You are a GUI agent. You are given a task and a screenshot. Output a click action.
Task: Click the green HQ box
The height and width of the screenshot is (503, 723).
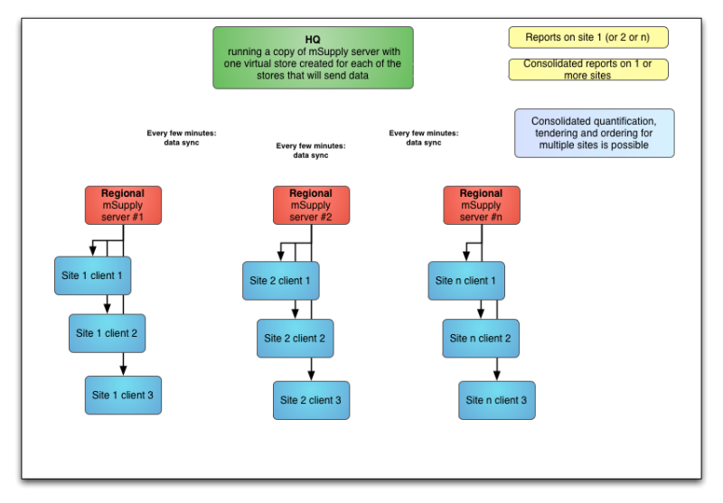tap(313, 58)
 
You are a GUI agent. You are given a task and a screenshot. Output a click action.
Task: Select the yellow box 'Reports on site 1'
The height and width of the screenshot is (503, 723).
tap(588, 37)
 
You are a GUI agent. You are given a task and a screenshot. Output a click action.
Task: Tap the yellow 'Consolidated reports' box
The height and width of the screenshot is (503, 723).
tap(588, 70)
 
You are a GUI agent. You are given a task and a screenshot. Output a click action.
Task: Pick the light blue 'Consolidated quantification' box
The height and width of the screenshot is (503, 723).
tap(595, 133)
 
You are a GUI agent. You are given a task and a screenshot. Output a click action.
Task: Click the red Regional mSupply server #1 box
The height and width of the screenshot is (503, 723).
tap(123, 205)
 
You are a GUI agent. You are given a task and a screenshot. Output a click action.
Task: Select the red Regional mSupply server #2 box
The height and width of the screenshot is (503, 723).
tap(311, 205)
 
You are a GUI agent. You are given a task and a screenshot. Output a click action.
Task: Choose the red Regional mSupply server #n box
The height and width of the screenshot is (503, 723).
tap(482, 205)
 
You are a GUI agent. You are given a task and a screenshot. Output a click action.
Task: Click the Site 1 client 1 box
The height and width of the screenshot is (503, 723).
tap(93, 276)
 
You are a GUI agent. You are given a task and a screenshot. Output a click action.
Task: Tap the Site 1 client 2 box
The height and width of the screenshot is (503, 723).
tap(107, 333)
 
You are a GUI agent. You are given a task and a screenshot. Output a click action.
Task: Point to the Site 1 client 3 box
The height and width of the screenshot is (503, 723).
tap(123, 396)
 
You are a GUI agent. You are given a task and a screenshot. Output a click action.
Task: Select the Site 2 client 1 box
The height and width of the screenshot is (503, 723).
tap(281, 281)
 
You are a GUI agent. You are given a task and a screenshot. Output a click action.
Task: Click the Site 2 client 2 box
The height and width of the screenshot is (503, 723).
tap(296, 339)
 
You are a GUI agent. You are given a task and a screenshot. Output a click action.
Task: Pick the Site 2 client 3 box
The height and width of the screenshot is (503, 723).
tap(311, 400)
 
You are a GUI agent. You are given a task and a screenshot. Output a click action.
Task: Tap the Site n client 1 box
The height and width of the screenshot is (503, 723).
tap(466, 281)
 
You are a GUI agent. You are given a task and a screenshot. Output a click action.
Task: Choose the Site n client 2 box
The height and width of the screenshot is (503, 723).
tap(481, 339)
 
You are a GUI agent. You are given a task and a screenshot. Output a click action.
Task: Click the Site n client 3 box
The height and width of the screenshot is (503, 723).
tap(497, 400)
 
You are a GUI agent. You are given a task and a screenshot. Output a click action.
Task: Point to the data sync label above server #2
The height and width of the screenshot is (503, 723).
tap(311, 151)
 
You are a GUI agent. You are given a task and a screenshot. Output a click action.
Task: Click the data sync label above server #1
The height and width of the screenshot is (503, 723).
tap(182, 138)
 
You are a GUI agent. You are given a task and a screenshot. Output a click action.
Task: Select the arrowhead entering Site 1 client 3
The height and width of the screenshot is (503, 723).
tap(123, 371)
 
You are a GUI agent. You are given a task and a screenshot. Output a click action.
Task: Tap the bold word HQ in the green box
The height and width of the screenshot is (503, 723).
tap(313, 40)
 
